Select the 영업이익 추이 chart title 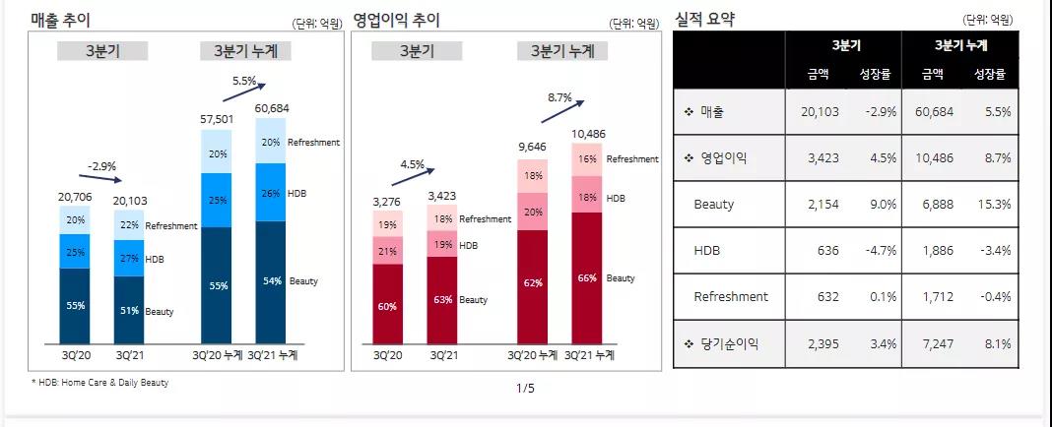pos(397,20)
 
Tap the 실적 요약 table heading pos(704,19)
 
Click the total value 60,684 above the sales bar pos(273,107)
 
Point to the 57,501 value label pos(219,118)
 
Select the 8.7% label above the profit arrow pos(559,97)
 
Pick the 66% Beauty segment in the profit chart pos(587,279)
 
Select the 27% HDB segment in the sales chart pos(129,260)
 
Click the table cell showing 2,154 pos(821,205)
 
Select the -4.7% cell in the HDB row pos(881,251)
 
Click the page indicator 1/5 pos(525,388)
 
